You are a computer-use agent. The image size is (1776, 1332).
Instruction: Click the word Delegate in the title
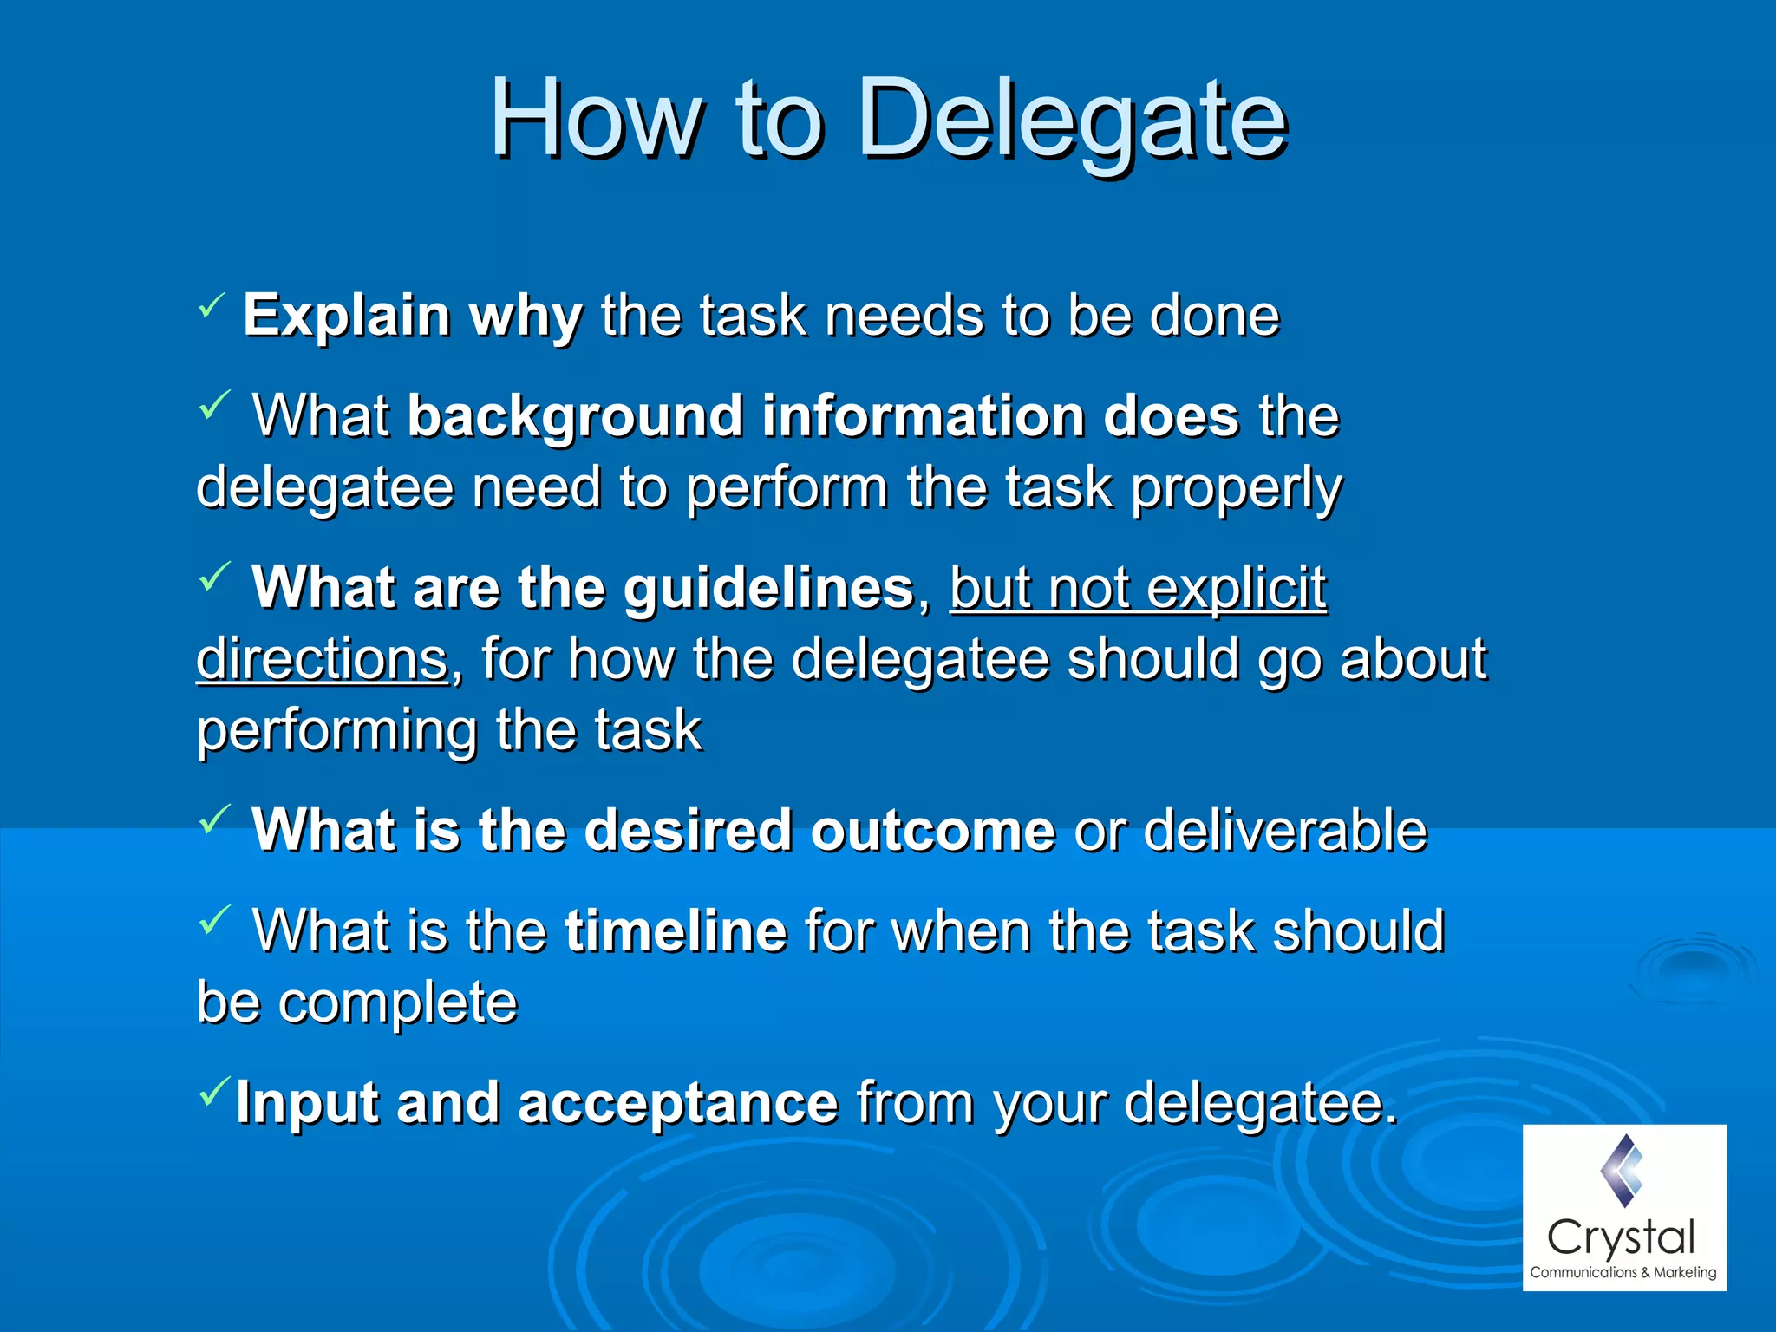coord(1072,120)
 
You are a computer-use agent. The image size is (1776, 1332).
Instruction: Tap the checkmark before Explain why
coord(211,304)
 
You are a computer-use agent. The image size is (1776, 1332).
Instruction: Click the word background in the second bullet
coord(575,417)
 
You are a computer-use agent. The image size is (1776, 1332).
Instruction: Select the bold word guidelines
coord(768,589)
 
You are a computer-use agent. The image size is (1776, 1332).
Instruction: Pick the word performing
coord(336,730)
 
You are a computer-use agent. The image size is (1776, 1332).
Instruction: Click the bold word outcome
coord(933,831)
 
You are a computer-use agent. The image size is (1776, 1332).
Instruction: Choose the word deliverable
coord(1284,831)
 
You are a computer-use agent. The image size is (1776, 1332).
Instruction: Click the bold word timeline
coord(676,931)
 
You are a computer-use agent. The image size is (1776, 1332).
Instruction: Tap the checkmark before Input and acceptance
coord(214,1090)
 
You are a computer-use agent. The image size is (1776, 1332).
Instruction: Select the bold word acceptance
coord(677,1103)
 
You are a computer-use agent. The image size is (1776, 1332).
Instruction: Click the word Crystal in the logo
coord(1621,1237)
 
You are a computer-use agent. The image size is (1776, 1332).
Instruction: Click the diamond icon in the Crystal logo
coord(1622,1170)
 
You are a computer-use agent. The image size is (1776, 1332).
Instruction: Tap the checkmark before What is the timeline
coord(214,919)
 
